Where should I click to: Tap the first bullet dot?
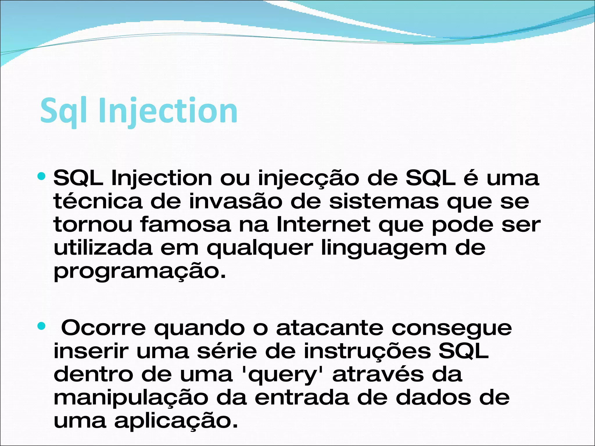pos(42,176)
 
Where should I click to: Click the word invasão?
pos(235,201)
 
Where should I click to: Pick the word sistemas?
pos(384,201)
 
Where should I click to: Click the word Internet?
pos(323,224)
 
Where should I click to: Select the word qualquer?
pos(260,248)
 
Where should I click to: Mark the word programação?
pos(140,271)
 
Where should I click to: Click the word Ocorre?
pos(103,328)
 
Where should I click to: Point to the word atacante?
pos(330,328)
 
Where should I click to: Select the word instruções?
pos(367,351)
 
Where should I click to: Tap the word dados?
pos(433,398)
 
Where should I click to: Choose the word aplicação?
pos(176,421)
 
